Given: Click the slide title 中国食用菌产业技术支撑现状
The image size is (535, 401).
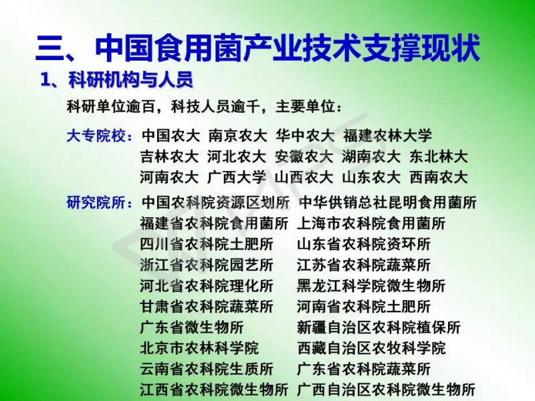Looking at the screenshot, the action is point(288,47).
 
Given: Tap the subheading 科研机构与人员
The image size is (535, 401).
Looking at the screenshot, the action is point(130,80).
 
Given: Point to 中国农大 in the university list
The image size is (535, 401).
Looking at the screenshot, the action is point(171,136).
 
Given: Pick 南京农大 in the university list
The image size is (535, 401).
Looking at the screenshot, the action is point(238,136).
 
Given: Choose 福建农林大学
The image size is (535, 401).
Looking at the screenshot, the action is point(388,136).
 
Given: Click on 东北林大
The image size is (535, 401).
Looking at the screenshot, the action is point(439,157).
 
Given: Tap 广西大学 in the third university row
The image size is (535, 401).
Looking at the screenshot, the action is point(237,178).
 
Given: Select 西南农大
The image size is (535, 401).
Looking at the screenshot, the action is point(439,178).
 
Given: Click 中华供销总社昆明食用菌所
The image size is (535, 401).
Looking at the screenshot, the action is point(388,203).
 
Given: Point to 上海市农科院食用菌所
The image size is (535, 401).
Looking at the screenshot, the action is point(371,224).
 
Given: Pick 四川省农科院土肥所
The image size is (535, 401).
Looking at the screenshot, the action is point(207,245).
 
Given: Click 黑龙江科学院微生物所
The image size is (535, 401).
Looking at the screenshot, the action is point(371,286).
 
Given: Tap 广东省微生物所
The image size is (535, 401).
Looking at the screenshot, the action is point(192,327).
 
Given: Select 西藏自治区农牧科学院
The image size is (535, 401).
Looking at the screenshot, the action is point(371,348).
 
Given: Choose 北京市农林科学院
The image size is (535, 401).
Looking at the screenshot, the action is point(199,348).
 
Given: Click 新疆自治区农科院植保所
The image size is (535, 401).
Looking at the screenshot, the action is point(379,327).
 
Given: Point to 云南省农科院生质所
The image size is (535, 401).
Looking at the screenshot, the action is point(207,369).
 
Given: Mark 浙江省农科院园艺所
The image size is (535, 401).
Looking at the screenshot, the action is point(207,265).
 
